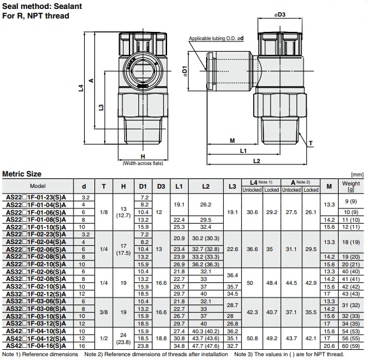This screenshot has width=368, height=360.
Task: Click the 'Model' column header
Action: coord(38,186)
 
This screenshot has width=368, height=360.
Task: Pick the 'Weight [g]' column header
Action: coord(351,186)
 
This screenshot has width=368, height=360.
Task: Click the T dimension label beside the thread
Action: coord(311,143)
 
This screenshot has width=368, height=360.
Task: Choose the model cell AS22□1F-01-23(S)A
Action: coord(38,197)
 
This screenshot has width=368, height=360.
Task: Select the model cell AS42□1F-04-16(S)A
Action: coord(38,345)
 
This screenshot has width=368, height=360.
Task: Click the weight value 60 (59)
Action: coord(351,345)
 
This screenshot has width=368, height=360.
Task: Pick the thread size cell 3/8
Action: coord(104,313)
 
